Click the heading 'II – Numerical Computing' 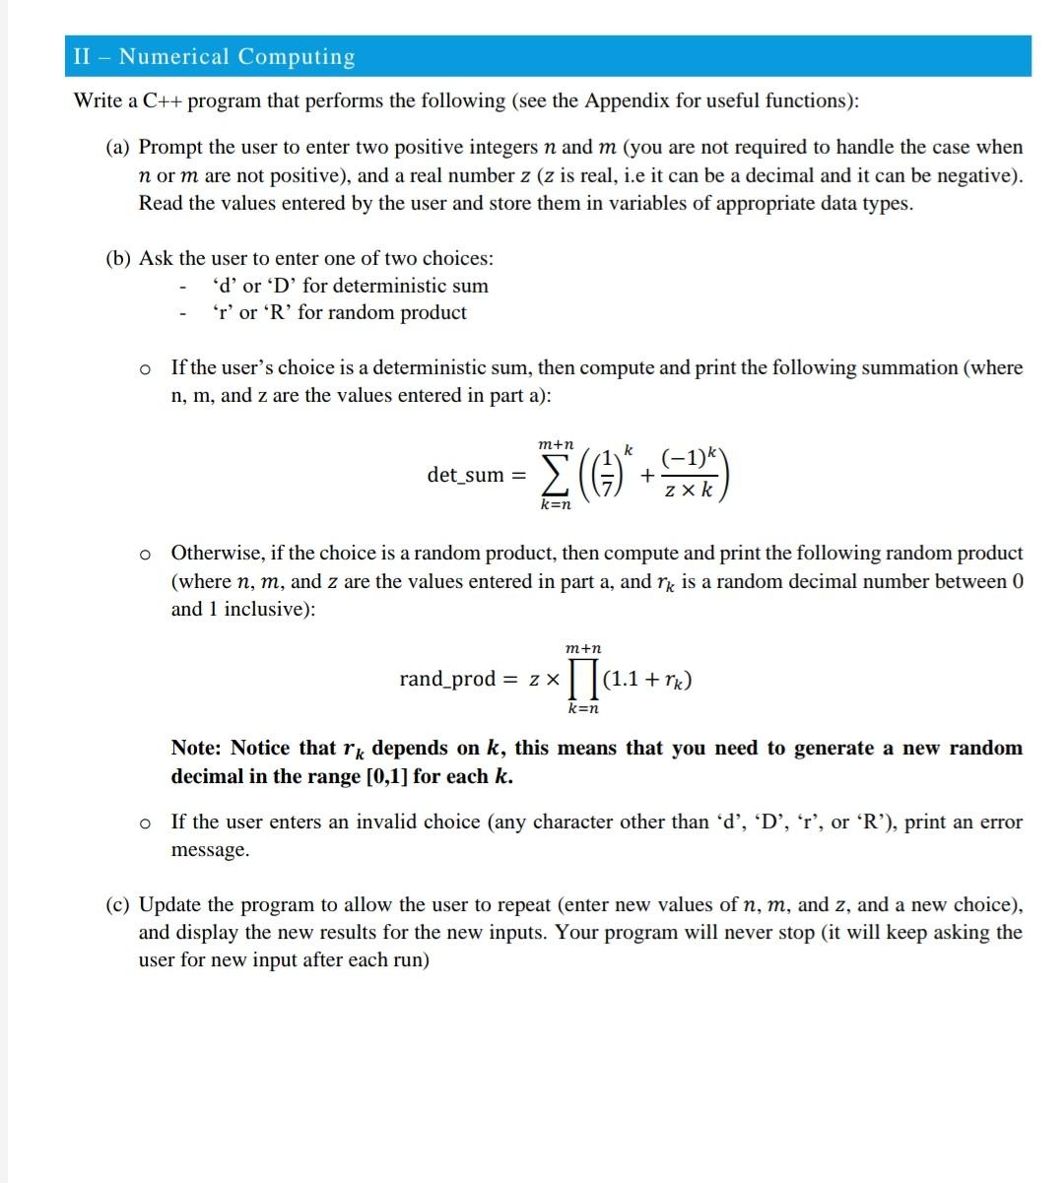click(214, 56)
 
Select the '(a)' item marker click(119, 148)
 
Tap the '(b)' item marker click(119, 258)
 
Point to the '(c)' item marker click(119, 904)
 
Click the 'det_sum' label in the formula click(465, 475)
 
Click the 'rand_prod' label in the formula click(447, 679)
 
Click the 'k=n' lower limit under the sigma click(557, 504)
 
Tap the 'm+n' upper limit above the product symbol click(584, 649)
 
